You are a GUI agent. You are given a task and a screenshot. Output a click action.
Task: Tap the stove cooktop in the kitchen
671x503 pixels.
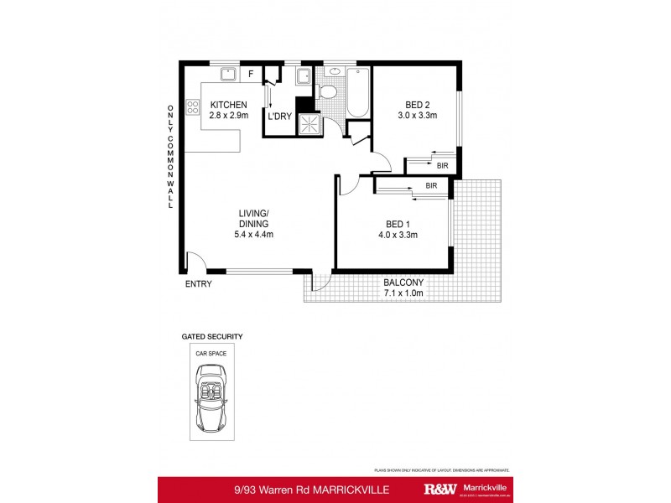click(192, 106)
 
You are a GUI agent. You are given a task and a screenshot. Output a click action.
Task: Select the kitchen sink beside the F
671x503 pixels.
click(226, 75)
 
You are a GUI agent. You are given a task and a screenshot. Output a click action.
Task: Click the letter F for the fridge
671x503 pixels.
click(250, 75)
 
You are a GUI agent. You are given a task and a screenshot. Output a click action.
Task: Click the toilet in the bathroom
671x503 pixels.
click(330, 91)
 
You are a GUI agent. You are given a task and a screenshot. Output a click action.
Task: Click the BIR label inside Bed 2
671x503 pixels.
click(442, 166)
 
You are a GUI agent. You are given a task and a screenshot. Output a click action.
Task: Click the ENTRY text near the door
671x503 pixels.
click(199, 284)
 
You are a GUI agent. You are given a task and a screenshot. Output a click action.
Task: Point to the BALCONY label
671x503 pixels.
click(404, 282)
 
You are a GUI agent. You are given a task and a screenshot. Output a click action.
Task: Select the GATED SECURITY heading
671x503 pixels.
click(212, 336)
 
